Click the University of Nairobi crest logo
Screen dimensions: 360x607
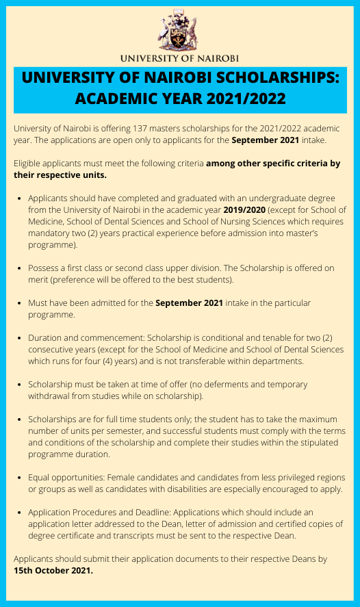179,31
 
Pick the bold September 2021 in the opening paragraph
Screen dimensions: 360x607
265,140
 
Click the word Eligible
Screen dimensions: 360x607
29,164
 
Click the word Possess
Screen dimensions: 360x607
45,268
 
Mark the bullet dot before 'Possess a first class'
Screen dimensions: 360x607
18,268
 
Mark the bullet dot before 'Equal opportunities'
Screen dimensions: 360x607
18,477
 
